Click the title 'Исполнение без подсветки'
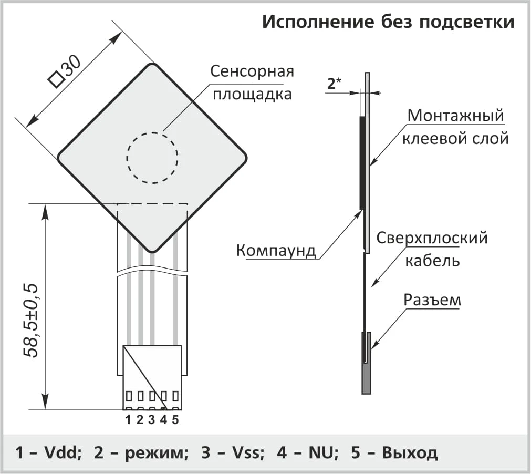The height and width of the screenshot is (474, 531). click(388, 23)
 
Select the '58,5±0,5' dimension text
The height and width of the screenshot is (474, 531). click(31, 321)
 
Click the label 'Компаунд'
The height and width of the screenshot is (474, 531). click(276, 250)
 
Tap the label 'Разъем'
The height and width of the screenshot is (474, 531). click(432, 300)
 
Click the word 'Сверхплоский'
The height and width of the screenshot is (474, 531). click(432, 238)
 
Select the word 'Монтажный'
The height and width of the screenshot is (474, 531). click(455, 116)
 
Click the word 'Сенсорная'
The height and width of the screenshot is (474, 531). click(252, 71)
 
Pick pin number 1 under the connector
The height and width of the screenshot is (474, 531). click(128, 420)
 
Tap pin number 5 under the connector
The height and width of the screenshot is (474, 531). click(175, 420)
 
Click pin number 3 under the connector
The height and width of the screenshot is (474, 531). click(152, 420)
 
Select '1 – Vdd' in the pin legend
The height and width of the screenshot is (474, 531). click(48, 452)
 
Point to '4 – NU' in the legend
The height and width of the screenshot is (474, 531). click(307, 452)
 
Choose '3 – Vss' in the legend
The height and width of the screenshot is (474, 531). click(233, 452)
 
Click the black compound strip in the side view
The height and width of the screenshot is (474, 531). click(362, 162)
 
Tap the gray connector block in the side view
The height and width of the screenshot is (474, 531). click(366, 363)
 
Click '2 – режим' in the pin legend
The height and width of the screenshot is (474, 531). click(141, 452)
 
